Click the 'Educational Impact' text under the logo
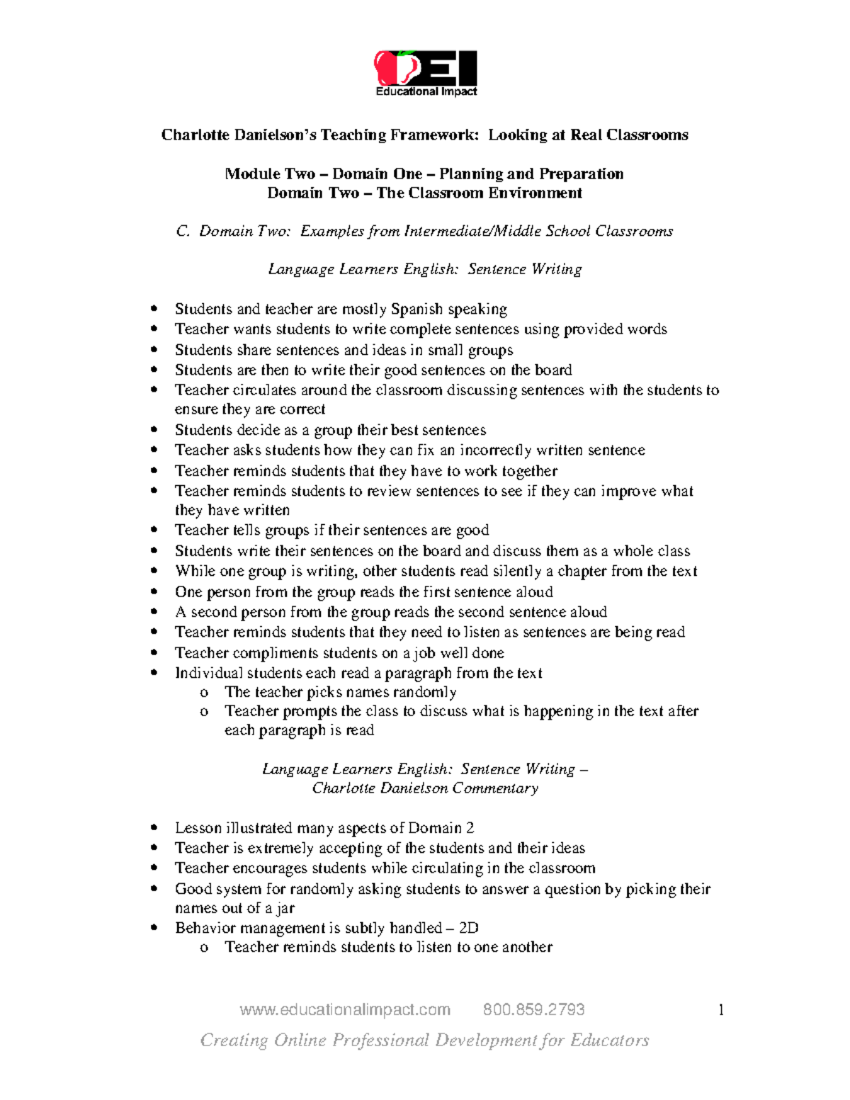coord(426,91)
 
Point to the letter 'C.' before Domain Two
coord(183,232)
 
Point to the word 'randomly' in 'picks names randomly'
coord(424,692)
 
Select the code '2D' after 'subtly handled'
coord(468,929)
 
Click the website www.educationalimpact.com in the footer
coord(345,1009)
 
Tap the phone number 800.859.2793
coord(533,1009)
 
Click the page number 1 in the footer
coord(721,1010)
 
